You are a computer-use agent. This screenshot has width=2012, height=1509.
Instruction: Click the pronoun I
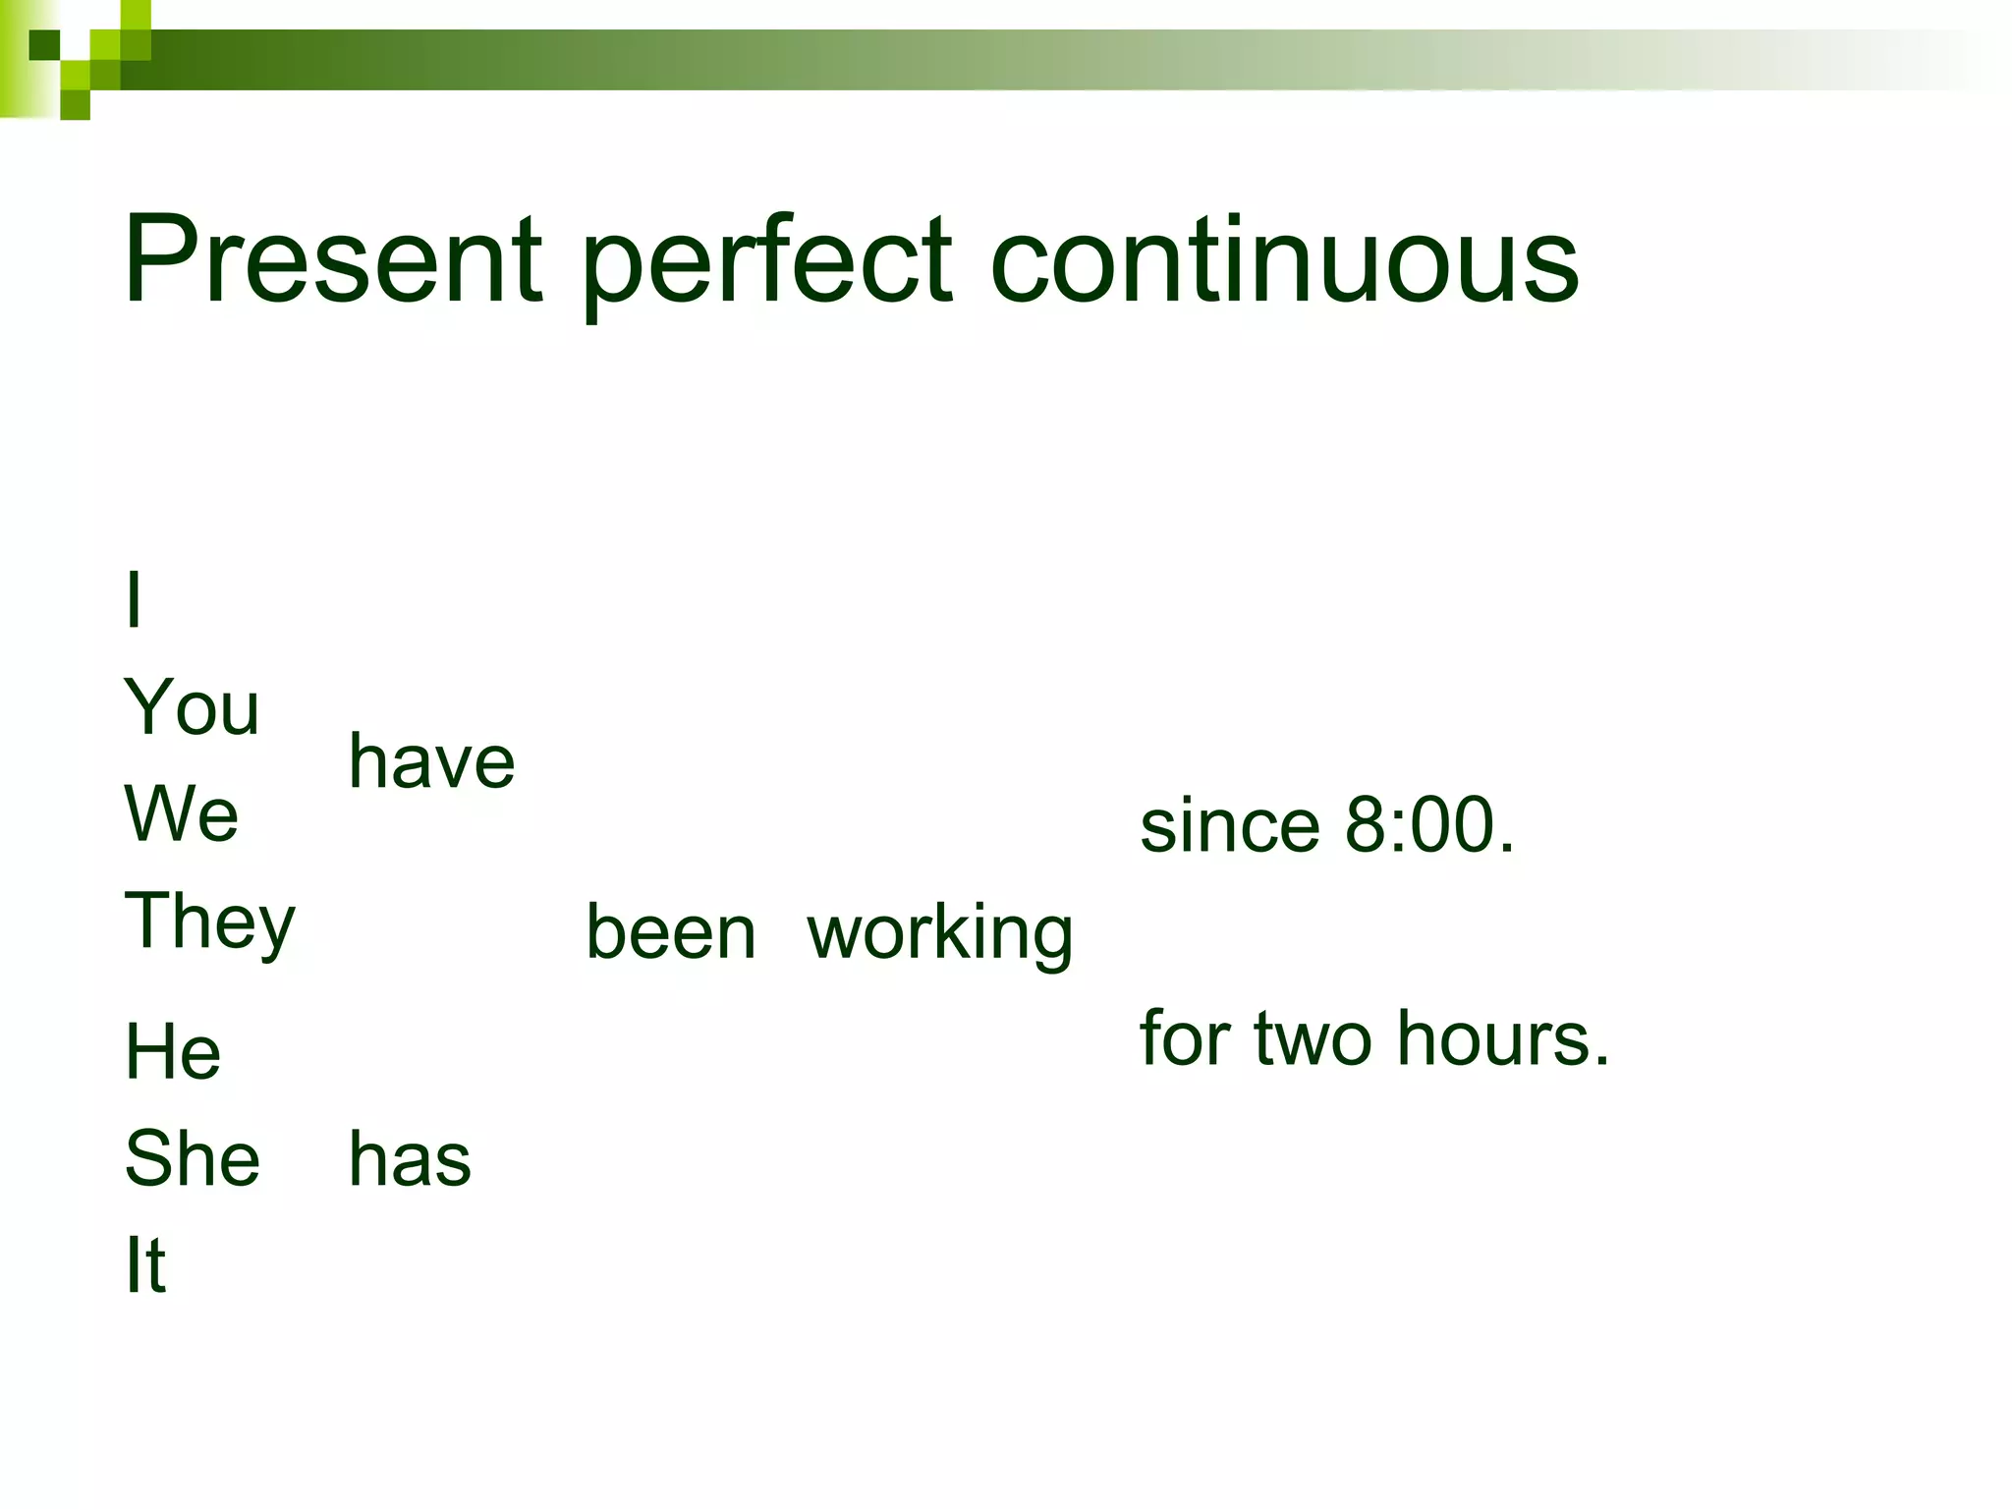[135, 600]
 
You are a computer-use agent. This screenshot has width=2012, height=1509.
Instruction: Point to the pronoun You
[192, 707]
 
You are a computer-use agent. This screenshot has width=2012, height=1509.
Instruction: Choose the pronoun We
[182, 814]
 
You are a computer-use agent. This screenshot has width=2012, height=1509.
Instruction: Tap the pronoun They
[209, 923]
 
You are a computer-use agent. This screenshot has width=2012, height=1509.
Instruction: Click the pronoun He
[173, 1052]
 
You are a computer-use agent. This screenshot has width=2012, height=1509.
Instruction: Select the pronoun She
[193, 1159]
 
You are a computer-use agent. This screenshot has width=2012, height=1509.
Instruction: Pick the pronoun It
[145, 1265]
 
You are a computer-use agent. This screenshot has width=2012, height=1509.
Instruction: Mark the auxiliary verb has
[410, 1159]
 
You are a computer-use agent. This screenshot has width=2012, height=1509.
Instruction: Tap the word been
[671, 932]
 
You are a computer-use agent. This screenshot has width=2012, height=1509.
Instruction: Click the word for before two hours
[1186, 1038]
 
